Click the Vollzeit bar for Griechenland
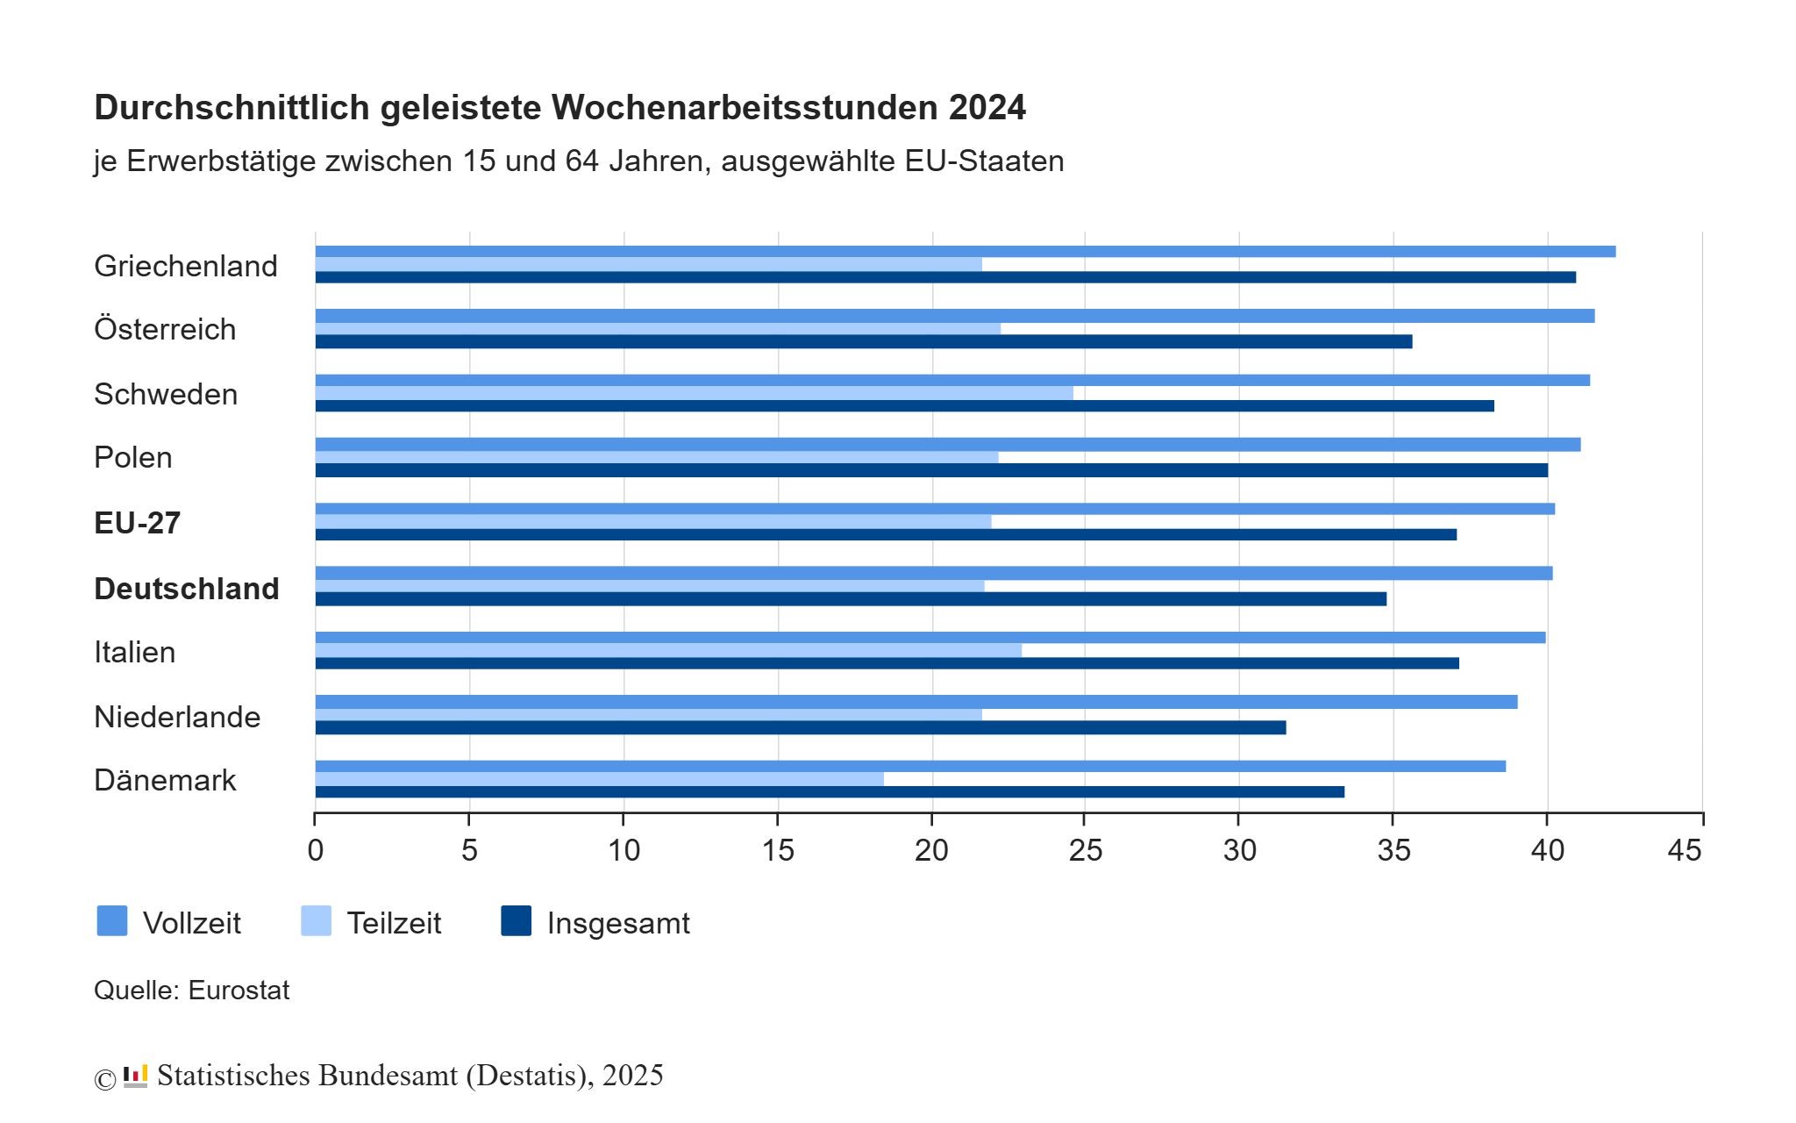(965, 252)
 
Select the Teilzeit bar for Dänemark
(600, 779)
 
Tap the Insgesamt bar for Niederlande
(800, 727)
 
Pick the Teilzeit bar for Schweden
(694, 393)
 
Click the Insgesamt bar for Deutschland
(851, 598)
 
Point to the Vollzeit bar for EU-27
(935, 509)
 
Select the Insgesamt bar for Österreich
(864, 341)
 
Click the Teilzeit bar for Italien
(668, 650)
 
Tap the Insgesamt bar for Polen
(931, 470)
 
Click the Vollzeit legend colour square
(112, 921)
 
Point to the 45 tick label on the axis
(1684, 850)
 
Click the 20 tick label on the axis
(931, 850)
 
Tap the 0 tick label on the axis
(316, 850)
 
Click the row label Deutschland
(186, 589)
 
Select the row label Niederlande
(177, 717)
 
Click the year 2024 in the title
(987, 108)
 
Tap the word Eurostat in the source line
(239, 990)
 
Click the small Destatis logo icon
(135, 1076)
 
